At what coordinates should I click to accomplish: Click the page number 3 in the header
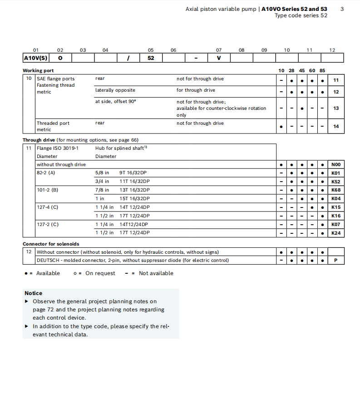pos(342,9)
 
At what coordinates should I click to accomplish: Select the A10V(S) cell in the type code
pos(35,58)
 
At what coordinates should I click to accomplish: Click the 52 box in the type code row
pos(151,58)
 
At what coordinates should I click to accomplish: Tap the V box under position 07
pos(219,58)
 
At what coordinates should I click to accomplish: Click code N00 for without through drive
pos(335,165)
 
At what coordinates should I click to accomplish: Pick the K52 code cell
pos(335,182)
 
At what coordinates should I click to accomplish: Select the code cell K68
pos(335,190)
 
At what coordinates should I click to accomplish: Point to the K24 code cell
pos(335,233)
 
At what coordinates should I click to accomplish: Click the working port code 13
pos(336,108)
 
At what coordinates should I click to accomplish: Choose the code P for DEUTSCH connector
pos(335,261)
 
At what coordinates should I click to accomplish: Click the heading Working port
pos(38,71)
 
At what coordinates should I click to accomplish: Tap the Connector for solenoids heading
pos(51,244)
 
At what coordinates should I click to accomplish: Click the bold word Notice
pos(34,293)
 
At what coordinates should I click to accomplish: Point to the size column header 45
pos(302,71)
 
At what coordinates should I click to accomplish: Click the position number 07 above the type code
pos(219,50)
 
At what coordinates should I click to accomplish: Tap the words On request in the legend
pos(100,273)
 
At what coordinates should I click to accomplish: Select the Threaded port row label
pos(53,123)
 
